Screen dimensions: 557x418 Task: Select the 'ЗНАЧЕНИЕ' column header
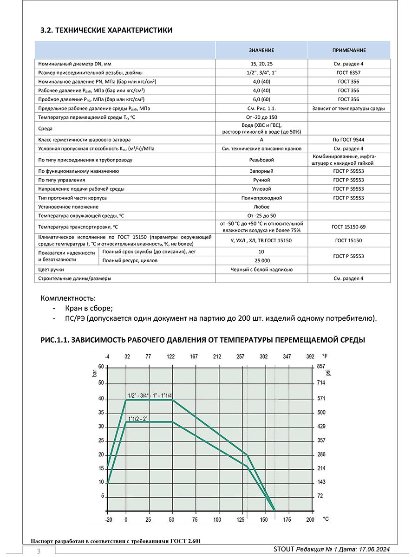click(x=261, y=50)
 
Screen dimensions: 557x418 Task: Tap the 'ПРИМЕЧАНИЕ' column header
click(x=349, y=50)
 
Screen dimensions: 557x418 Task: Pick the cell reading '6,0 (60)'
click(x=261, y=99)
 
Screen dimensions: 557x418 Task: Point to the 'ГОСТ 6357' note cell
click(x=349, y=73)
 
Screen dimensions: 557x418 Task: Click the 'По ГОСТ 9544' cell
click(x=349, y=139)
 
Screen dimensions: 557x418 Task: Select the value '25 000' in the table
click(x=261, y=260)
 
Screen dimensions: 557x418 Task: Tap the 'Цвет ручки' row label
click(x=51, y=269)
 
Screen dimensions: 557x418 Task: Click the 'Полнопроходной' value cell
click(x=261, y=198)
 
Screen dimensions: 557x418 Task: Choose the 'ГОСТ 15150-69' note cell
click(x=349, y=227)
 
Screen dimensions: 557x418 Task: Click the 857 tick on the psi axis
click(x=320, y=366)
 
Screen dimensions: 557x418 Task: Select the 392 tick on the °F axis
click(x=310, y=357)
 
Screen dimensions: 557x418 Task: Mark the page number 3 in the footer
click(x=39, y=551)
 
